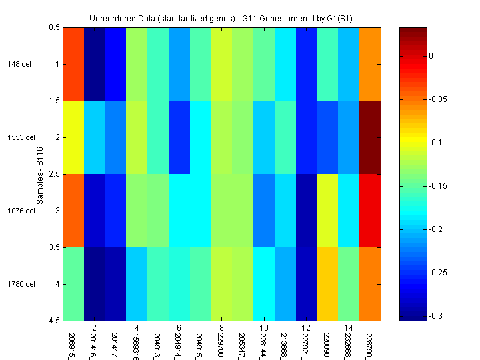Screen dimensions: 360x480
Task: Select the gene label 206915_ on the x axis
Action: point(72,341)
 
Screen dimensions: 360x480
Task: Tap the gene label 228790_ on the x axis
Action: point(370,341)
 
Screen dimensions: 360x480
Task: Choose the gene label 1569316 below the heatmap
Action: point(136,341)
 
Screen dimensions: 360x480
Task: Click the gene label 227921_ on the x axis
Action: point(306,341)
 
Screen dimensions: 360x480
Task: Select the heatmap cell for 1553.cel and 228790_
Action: point(370,137)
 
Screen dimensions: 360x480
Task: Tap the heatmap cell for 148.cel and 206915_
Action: point(73,64)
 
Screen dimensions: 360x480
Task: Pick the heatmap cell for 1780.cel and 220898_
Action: point(327,284)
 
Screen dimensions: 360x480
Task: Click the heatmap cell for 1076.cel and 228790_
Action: point(370,211)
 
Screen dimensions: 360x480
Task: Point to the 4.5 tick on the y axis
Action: point(55,321)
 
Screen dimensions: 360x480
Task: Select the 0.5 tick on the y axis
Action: point(55,27)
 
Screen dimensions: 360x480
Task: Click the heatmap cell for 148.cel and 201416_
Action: point(94,64)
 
